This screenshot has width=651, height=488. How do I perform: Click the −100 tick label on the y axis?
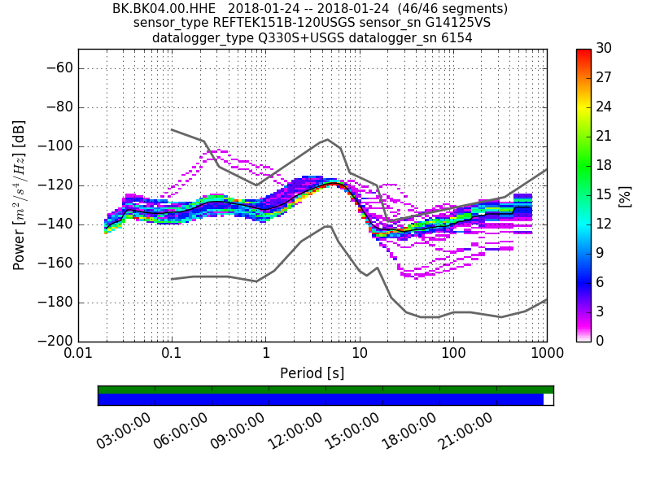pos(55,146)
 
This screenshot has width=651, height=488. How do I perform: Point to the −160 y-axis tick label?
pos(55,264)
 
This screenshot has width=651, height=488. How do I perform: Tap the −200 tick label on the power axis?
pos(55,341)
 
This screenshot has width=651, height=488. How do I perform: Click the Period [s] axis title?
pos(312,373)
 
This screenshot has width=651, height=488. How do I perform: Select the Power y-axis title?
pos(20,195)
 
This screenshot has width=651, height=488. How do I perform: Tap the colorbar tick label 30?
pos(604,49)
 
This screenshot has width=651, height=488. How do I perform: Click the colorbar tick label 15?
pos(604,194)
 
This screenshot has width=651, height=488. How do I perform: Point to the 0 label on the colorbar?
pos(600,341)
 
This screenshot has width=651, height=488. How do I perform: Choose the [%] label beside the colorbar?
pos(625,195)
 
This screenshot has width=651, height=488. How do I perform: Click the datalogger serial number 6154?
pos(457,37)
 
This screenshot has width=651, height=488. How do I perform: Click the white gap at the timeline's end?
pos(548,399)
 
